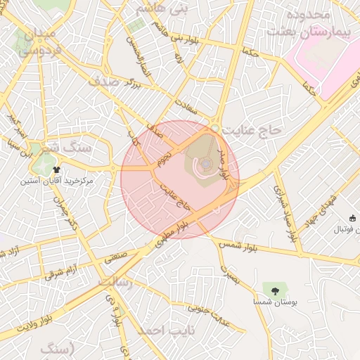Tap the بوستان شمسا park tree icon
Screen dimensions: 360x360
click(275, 288)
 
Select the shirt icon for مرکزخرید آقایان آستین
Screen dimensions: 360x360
click(57, 169)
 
